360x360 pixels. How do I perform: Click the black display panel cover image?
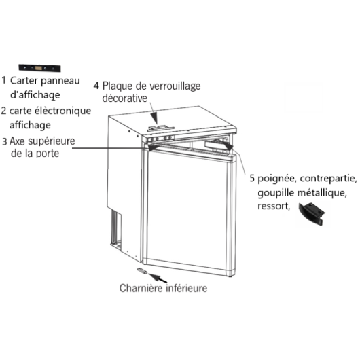tap(39, 68)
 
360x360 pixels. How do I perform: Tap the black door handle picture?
tap(312, 213)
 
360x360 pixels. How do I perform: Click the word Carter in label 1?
tap(24, 80)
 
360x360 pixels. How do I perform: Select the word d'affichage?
tap(35, 95)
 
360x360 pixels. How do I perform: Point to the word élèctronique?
tap(62, 111)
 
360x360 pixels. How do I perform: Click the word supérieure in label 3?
tap(51, 141)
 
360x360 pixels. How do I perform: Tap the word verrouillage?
tap(175, 86)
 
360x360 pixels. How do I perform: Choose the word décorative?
tap(125, 98)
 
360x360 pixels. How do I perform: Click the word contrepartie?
tap(328, 179)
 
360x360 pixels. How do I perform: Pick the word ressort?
tap(273, 206)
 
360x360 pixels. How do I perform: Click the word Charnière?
tap(141, 288)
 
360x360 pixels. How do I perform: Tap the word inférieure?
tap(186, 288)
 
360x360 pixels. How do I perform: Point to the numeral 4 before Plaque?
tap(96, 86)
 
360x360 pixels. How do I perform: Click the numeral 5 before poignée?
tap(252, 179)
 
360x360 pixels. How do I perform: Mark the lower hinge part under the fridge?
tap(142, 271)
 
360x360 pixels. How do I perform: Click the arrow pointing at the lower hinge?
tap(158, 278)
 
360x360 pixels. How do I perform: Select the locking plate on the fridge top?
tap(160, 128)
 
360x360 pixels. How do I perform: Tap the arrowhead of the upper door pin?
tap(153, 147)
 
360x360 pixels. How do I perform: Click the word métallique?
tap(322, 192)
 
